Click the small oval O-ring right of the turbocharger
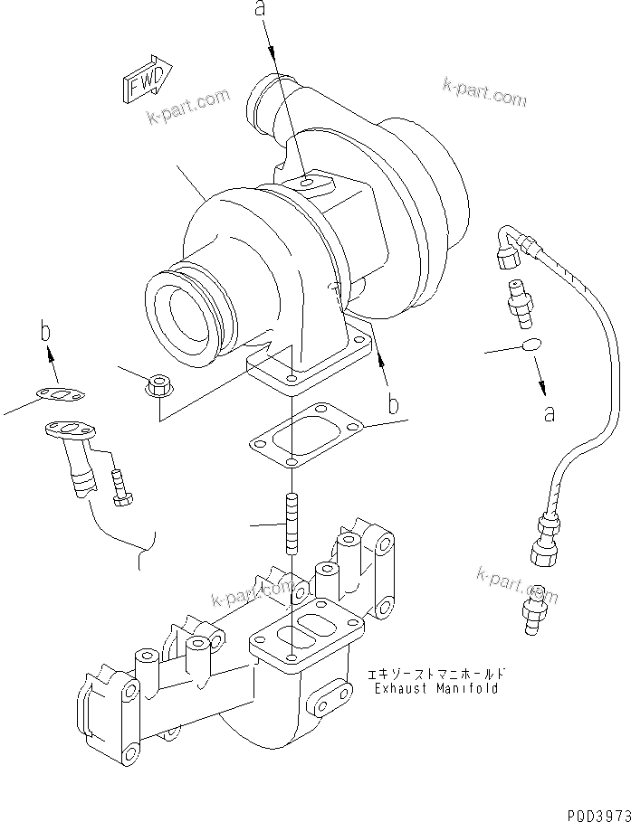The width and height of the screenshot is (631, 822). click(531, 345)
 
